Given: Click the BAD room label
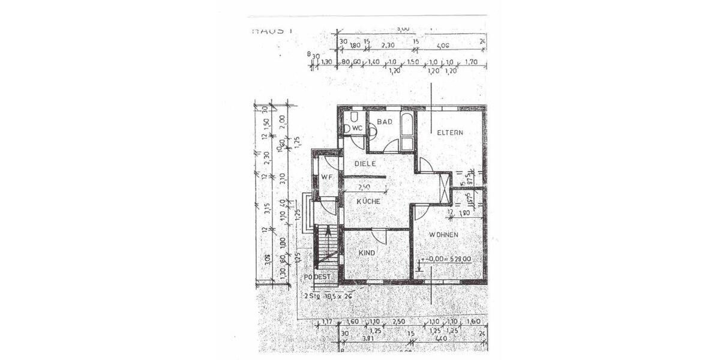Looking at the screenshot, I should tap(385, 122).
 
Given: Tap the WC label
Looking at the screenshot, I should tap(356, 128).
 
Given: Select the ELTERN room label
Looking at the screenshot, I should tap(450, 132).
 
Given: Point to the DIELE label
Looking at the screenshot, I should tap(365, 163).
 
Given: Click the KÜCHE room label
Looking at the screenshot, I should tap(368, 202).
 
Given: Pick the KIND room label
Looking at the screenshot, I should tap(367, 253).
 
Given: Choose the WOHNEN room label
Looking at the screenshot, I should tap(445, 234).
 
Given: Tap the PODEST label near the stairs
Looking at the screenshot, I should tap(317, 277).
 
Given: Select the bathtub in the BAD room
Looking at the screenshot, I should tap(406, 131).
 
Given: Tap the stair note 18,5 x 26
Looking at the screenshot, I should tap(338, 296).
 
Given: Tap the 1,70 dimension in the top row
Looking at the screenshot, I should tap(470, 62).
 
